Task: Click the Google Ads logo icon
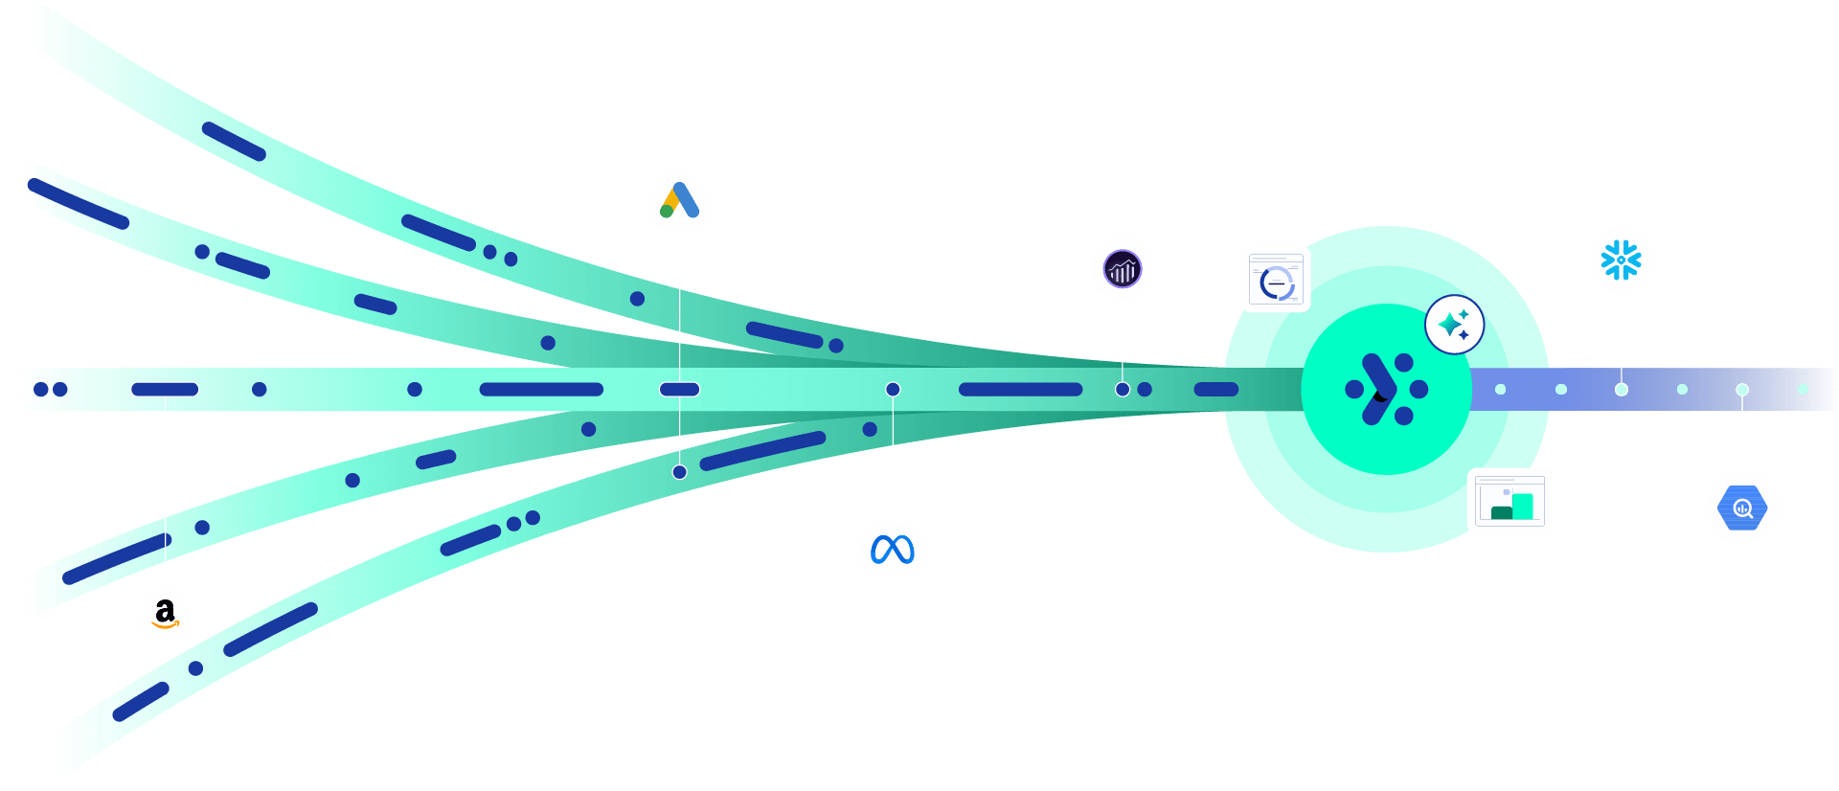pyautogui.click(x=679, y=200)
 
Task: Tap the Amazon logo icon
pyautogui.click(x=165, y=613)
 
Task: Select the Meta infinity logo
pyautogui.click(x=892, y=549)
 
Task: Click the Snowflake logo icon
pyautogui.click(x=1621, y=260)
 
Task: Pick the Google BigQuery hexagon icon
pyautogui.click(x=1741, y=508)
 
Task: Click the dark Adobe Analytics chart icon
pyautogui.click(x=1122, y=269)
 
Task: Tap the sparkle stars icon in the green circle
pyautogui.click(x=1454, y=325)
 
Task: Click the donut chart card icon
pyautogui.click(x=1276, y=280)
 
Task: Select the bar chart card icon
pyautogui.click(x=1510, y=501)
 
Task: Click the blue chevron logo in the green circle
pyautogui.click(x=1379, y=389)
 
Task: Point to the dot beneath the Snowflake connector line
pyautogui.click(x=1621, y=390)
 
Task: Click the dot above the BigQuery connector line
pyautogui.click(x=1741, y=390)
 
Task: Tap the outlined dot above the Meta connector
pyautogui.click(x=892, y=390)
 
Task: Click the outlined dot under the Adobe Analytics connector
pyautogui.click(x=1122, y=390)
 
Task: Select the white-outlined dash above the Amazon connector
pyautogui.click(x=165, y=390)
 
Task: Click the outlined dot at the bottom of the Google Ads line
pyautogui.click(x=679, y=472)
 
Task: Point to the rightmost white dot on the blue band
pyautogui.click(x=1802, y=390)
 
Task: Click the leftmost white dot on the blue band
pyautogui.click(x=1500, y=390)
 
